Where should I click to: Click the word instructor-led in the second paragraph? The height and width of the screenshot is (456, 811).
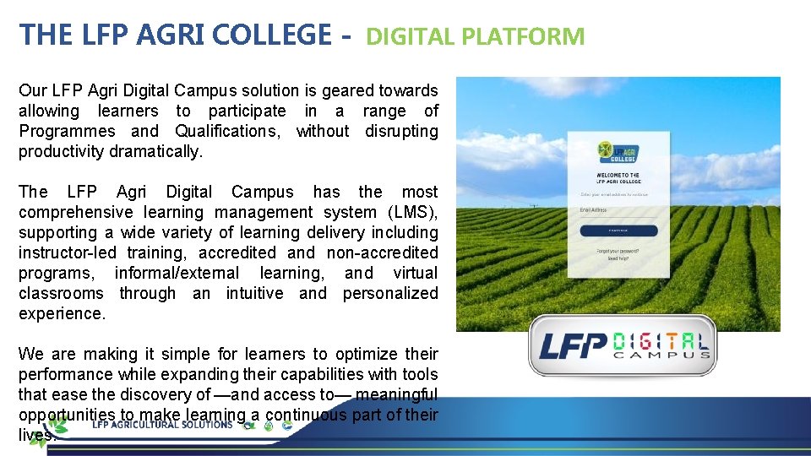tap(68, 252)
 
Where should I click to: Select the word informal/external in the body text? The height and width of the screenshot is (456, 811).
tap(177, 273)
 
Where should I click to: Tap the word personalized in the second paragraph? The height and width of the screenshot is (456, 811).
tap(390, 293)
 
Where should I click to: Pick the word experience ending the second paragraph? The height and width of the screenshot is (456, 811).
tap(62, 313)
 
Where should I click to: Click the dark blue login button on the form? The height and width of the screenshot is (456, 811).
tap(618, 230)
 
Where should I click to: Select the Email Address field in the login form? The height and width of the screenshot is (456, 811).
tap(618, 211)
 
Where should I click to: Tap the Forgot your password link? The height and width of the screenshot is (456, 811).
tap(618, 251)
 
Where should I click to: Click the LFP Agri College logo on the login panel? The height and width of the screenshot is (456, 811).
tap(618, 155)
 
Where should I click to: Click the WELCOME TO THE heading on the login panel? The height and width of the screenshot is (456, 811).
tap(618, 176)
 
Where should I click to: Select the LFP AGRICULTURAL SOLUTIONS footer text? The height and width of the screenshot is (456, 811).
tap(162, 424)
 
